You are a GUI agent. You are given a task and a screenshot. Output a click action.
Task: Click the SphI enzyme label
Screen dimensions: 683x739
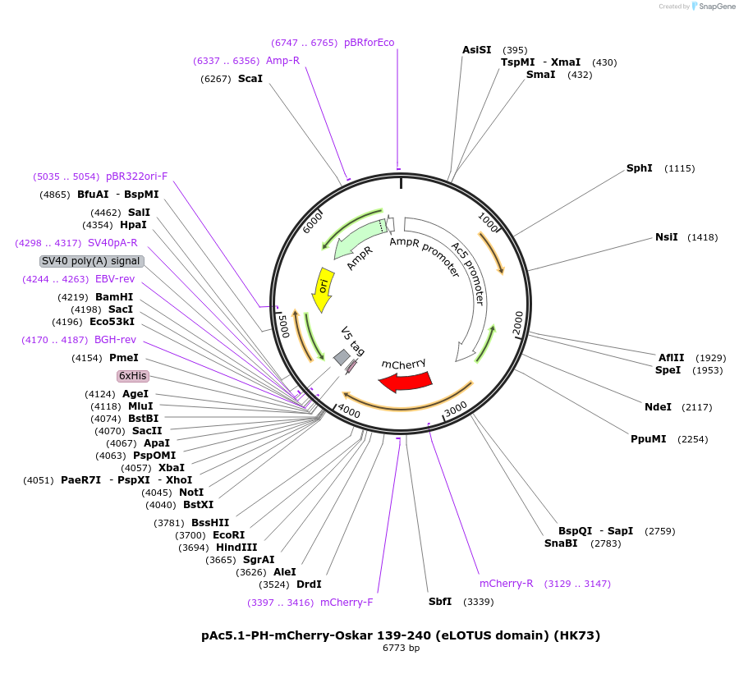pos(639,168)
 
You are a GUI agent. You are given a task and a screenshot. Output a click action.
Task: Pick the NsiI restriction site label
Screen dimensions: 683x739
pos(666,237)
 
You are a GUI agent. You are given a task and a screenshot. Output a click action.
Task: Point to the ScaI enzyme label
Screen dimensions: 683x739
pos(250,79)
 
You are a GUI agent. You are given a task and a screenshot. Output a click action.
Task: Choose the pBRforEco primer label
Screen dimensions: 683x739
pos(369,43)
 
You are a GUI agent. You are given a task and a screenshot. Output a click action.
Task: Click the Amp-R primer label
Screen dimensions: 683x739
pos(282,61)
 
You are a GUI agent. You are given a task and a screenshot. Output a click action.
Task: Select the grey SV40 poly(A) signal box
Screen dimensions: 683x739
pos(92,261)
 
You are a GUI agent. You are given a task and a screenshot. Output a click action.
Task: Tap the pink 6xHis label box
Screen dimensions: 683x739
pos(133,375)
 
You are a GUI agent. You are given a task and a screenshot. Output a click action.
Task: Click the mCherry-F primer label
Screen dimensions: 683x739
pos(347,603)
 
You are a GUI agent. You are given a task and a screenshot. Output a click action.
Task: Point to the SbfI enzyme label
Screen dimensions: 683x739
pos(440,602)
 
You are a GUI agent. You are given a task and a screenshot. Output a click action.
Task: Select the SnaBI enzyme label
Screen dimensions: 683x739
pos(561,543)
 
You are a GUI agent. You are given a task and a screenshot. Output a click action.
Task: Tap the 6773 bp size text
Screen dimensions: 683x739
pos(401,648)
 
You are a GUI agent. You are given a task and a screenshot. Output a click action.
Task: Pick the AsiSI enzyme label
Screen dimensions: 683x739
pos(476,50)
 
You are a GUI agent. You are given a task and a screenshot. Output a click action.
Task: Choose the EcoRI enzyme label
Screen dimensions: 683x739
pos(228,535)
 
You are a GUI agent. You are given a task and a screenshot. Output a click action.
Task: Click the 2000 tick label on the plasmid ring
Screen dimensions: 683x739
pos(517,323)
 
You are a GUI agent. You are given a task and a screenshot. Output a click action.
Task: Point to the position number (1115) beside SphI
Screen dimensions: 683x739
pos(679,169)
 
